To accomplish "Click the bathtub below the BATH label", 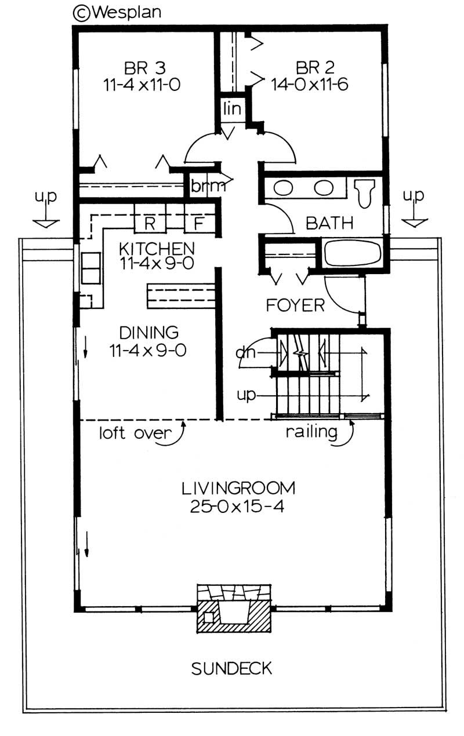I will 352,254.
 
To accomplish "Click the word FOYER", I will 295,305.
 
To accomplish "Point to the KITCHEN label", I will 156,249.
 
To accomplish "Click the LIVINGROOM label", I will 238,488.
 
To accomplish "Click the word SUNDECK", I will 231,669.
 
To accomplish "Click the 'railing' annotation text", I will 311,432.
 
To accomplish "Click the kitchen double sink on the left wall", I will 90,268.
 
